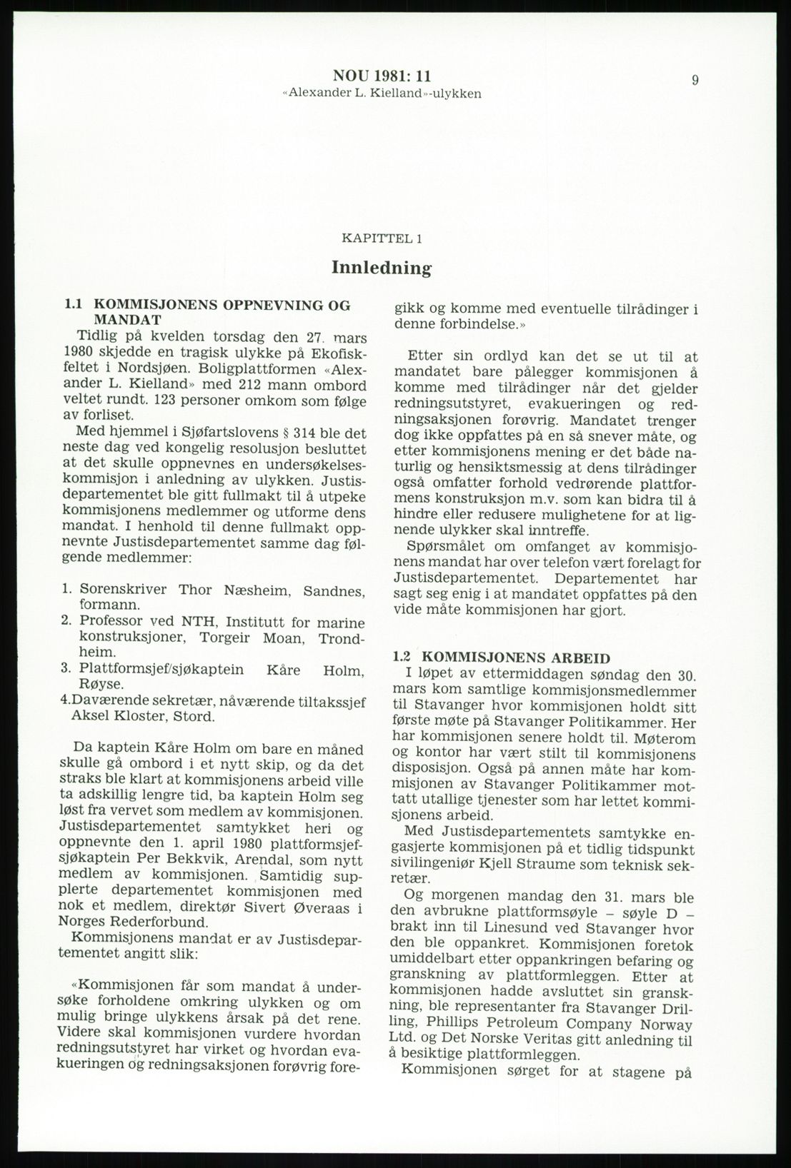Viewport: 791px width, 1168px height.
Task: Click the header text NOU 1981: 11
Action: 382,76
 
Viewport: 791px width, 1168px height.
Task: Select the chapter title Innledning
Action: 382,268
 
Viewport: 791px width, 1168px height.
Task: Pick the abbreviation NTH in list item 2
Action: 189,623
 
